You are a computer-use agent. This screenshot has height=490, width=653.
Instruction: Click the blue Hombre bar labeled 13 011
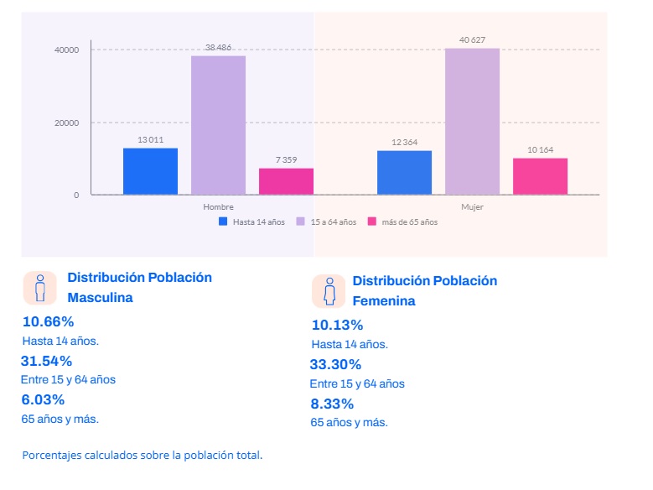pos(150,171)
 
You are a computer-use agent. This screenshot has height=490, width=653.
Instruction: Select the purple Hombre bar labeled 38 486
pos(218,125)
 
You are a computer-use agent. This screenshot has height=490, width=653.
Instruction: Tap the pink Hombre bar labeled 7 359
pos(286,181)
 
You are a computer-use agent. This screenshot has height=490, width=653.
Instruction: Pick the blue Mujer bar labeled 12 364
pos(404,173)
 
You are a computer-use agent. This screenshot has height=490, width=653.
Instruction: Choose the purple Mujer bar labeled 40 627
pos(472,122)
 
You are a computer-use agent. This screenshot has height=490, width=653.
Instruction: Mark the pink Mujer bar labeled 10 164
pos(540,176)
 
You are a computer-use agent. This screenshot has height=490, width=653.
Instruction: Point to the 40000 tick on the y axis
pos(66,50)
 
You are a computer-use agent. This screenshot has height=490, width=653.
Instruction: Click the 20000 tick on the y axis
pos(66,122)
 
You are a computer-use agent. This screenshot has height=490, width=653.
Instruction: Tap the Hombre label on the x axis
pos(218,206)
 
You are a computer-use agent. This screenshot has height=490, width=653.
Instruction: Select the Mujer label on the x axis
pos(472,206)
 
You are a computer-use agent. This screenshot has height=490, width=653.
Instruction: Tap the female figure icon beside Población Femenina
pos(329,291)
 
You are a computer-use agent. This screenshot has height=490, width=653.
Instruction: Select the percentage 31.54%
pos(47,361)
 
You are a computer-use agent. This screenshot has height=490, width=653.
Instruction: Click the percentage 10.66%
pos(49,321)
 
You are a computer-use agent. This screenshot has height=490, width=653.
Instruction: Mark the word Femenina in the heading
pos(383,300)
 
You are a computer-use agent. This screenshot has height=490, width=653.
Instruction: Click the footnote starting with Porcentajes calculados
pos(143,456)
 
